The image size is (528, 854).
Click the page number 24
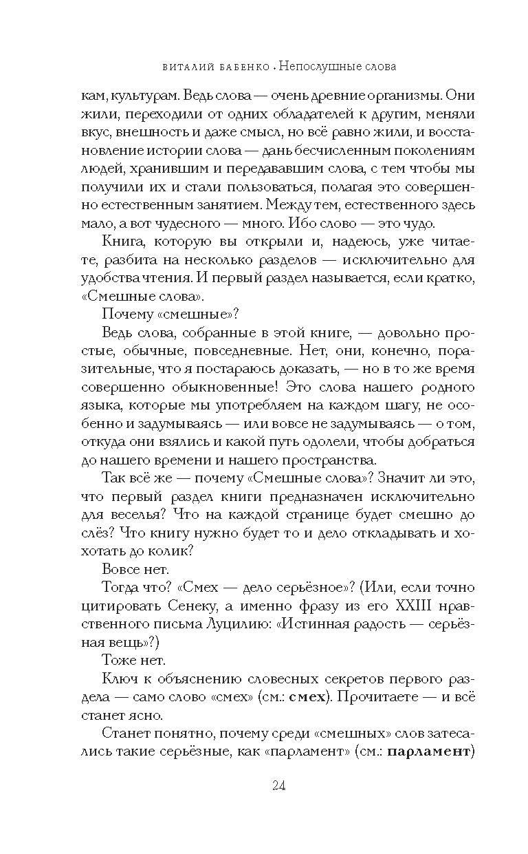(264, 786)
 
